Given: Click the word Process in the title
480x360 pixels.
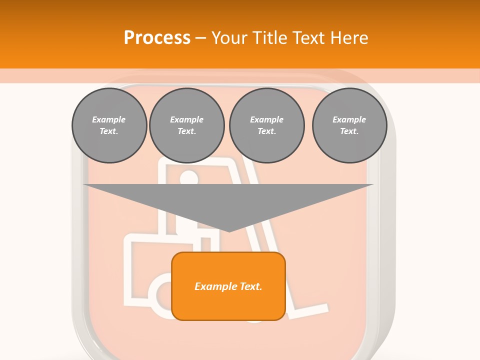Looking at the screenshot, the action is [157, 37].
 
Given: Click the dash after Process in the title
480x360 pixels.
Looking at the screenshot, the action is [200, 39].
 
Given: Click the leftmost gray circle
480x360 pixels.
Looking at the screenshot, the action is [109, 125].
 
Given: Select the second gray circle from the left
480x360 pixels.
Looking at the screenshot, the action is [187, 125].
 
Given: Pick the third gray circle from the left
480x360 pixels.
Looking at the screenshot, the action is [267, 125].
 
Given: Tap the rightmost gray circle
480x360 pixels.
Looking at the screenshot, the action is [349, 125].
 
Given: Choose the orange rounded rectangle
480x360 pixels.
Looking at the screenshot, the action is [228, 286].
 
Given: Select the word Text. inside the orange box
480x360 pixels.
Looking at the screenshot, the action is [251, 286].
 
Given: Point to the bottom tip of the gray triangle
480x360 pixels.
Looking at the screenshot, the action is [228, 232].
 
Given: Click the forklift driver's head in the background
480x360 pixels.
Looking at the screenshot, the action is [188, 177].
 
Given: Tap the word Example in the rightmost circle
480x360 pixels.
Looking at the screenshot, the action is [349, 119].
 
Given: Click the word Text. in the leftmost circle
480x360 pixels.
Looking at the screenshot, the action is [109, 131].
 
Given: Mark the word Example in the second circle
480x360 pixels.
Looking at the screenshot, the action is [186, 119].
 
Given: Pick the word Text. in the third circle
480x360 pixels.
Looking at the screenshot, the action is [267, 131].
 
